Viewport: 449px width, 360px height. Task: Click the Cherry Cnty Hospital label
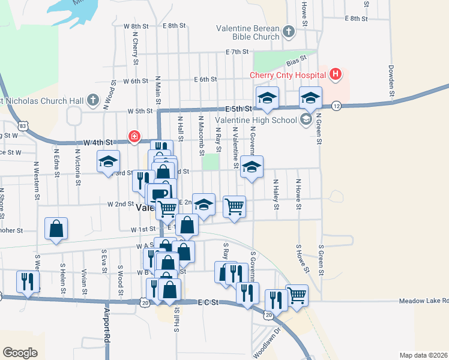coord(288,75)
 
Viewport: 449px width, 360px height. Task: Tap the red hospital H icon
coord(336,75)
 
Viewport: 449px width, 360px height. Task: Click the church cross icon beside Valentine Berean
coord(289,32)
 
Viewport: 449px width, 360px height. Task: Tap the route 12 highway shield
coord(337,105)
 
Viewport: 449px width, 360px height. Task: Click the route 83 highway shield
coord(23,126)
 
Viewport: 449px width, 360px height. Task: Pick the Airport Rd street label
coord(107,326)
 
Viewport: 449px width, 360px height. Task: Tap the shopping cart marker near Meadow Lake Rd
coord(297,295)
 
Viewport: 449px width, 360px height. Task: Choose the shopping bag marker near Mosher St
coord(56,228)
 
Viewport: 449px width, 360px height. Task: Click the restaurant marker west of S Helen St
coord(28,281)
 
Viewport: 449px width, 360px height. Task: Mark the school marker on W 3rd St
coord(109,161)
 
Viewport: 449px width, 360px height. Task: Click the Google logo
coord(20,352)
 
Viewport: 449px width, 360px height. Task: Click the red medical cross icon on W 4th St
coord(134,137)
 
